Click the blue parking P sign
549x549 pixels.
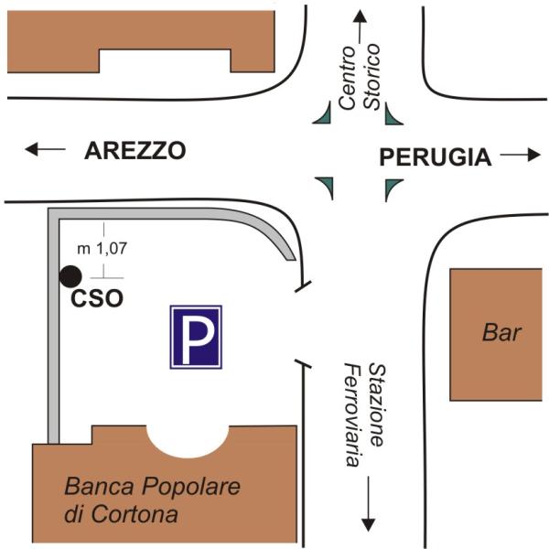coord(196,337)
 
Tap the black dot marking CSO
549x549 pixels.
coord(70,275)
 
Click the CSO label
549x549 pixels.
coord(96,298)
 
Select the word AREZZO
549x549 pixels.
coord(135,151)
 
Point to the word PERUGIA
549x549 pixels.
coord(435,157)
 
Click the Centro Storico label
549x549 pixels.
coord(359,77)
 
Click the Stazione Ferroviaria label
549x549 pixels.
coord(363,414)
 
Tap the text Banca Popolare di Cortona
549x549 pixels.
coord(152,500)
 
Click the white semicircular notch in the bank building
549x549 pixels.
coord(188,438)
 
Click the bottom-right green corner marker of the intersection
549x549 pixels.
coord(393,188)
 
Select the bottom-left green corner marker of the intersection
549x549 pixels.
coord(325,188)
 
